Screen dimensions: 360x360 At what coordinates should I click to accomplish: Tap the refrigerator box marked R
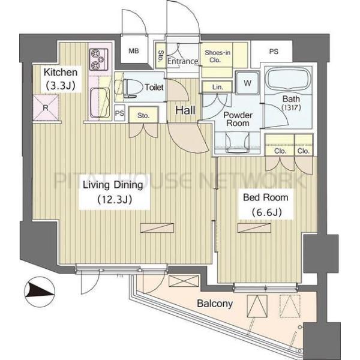(x=46, y=107)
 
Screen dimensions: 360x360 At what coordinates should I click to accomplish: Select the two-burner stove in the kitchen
(x=99, y=59)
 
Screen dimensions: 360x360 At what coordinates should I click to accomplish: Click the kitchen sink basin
(x=100, y=103)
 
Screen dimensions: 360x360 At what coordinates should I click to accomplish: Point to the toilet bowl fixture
(x=128, y=88)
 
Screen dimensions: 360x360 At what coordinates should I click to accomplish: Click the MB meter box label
(x=134, y=51)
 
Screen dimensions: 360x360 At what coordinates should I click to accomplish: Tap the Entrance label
(x=182, y=61)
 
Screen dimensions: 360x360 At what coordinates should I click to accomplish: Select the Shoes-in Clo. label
(x=217, y=56)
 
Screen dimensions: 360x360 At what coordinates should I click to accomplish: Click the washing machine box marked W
(x=247, y=83)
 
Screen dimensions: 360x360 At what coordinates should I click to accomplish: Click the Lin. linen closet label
(x=217, y=87)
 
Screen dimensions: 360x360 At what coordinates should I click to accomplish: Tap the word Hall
(x=185, y=110)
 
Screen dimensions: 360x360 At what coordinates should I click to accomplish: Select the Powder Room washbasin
(x=238, y=142)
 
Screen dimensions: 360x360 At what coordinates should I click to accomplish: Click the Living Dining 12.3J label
(x=113, y=192)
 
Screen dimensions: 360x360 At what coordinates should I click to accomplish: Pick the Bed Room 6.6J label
(x=266, y=205)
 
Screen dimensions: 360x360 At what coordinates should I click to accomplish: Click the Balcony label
(x=215, y=304)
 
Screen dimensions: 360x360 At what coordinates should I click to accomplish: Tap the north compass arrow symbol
(x=40, y=292)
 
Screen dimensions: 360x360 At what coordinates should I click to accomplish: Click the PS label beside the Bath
(x=274, y=51)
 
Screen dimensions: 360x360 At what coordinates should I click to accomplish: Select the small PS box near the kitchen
(x=119, y=113)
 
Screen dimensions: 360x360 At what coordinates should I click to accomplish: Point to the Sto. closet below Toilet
(x=143, y=115)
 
